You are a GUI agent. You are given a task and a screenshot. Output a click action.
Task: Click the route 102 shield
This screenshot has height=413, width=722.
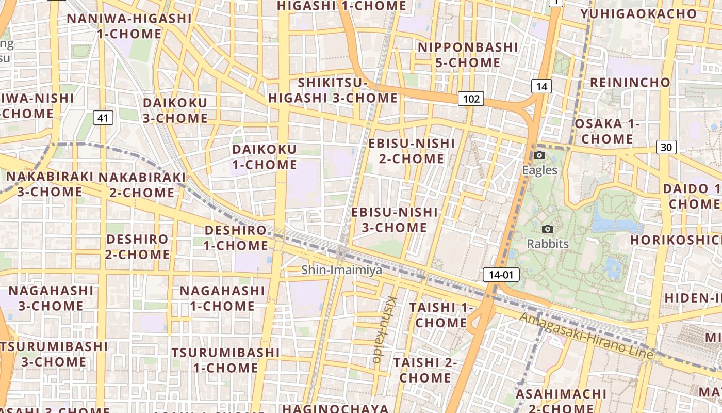(x=471, y=99)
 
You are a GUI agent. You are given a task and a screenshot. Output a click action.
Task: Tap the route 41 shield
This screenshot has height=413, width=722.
(x=103, y=118)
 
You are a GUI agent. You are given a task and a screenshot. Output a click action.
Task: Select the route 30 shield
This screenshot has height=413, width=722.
(x=666, y=147)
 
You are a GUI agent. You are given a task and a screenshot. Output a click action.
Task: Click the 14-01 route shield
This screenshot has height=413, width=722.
(x=501, y=275)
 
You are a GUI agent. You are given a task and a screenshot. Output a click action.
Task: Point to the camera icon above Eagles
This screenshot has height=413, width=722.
(x=539, y=155)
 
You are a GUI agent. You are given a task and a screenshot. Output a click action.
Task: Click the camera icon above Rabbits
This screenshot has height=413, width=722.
(x=548, y=229)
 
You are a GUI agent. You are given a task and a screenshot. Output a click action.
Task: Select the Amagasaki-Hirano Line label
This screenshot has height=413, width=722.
(x=586, y=337)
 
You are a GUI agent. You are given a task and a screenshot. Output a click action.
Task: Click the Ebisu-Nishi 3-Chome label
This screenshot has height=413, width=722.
(x=394, y=220)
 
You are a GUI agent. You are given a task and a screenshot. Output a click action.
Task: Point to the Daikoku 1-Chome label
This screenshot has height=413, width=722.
(x=265, y=157)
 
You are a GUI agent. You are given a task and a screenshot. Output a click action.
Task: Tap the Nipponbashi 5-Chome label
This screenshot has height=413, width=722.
(x=467, y=55)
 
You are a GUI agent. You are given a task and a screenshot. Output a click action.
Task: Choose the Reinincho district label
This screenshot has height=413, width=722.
(x=630, y=82)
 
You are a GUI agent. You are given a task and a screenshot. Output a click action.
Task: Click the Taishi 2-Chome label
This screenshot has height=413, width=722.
(x=425, y=370)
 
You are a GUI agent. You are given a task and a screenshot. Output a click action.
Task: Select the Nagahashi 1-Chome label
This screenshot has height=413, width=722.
(x=222, y=298)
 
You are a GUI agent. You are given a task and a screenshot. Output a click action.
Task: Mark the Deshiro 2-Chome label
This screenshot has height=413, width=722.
(x=138, y=247)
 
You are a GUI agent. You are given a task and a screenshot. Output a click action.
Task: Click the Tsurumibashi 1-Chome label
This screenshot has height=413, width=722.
(x=225, y=360)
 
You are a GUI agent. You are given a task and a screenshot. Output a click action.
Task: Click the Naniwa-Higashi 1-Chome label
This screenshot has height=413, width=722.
(x=129, y=26)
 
